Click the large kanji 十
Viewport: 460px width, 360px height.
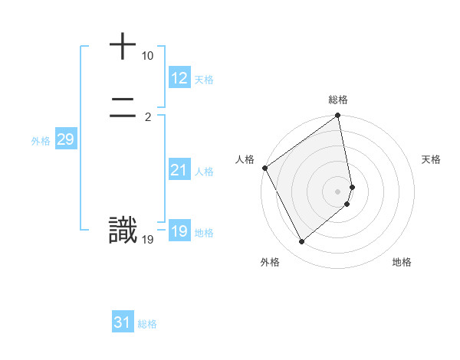tap(123, 47)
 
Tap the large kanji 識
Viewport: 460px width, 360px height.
tap(123, 231)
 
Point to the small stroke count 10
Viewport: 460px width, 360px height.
tap(147, 56)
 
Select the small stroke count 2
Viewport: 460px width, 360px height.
tap(147, 117)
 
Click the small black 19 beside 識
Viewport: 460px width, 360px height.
tap(147, 240)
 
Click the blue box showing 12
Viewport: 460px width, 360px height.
tap(179, 78)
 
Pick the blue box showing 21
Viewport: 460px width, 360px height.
tap(179, 170)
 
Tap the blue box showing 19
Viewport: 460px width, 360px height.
tap(179, 231)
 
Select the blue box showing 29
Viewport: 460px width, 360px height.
tap(65, 139)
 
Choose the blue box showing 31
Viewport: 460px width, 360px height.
tap(122, 322)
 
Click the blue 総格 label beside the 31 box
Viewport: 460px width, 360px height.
tap(147, 324)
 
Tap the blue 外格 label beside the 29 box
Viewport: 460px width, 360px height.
tap(41, 141)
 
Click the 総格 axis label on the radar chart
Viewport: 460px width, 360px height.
tap(338, 100)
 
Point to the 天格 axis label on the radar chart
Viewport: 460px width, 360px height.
tap(431, 159)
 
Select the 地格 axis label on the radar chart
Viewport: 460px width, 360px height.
tap(402, 262)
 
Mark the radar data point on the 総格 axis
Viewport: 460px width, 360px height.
tap(338, 116)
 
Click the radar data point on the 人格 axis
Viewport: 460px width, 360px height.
tap(264, 168)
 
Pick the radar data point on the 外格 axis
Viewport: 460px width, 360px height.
tap(301, 242)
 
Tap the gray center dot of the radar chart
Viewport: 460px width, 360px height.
tap(338, 191)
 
